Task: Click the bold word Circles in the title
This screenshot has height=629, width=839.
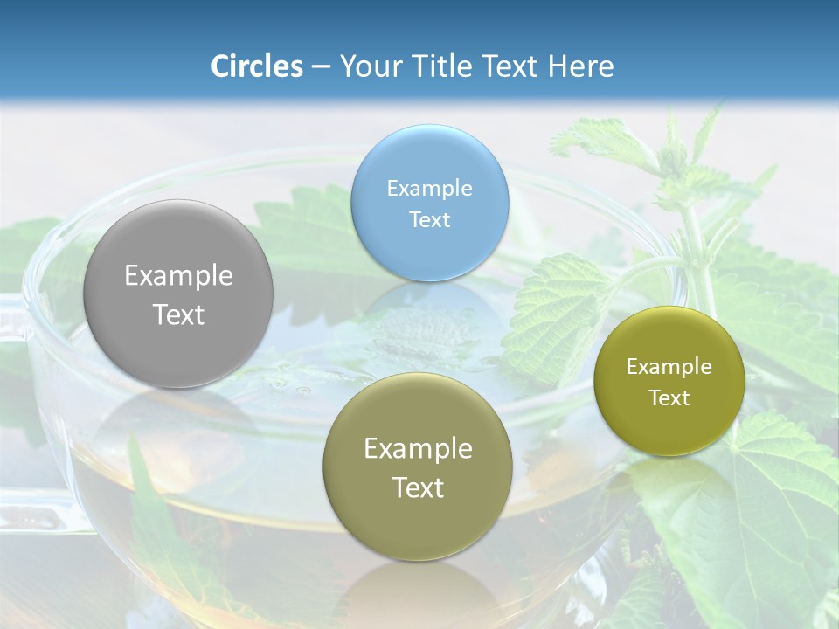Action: (257, 66)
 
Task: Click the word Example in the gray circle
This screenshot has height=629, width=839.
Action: (178, 276)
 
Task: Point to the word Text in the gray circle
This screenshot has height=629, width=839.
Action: (178, 314)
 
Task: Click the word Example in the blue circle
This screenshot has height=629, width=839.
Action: (430, 188)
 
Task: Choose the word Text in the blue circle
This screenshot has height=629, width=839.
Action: (430, 219)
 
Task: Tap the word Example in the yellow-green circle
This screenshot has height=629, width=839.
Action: (669, 366)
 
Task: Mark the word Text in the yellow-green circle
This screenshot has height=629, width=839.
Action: (669, 397)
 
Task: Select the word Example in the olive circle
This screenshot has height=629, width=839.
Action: (418, 448)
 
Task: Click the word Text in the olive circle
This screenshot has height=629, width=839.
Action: (418, 487)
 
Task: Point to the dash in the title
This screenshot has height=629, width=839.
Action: (321, 66)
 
